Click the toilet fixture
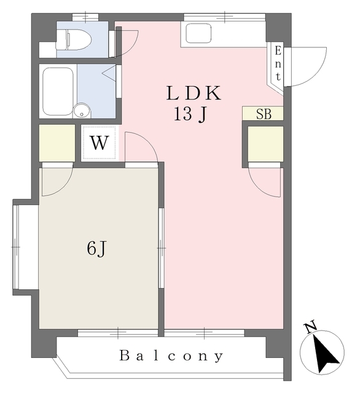pyautogui.click(x=74, y=39)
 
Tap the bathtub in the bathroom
pyautogui.click(x=58, y=91)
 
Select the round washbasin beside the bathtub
pyautogui.click(x=82, y=111)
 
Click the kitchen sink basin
pyautogui.click(x=198, y=33)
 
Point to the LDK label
pyautogui.click(x=194, y=93)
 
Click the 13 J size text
pyautogui.click(x=190, y=114)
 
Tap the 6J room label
pyautogui.click(x=97, y=249)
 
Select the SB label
pyautogui.click(x=264, y=114)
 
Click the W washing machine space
pyautogui.click(x=100, y=143)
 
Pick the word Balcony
pyautogui.click(x=171, y=356)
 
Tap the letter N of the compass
pyautogui.click(x=310, y=327)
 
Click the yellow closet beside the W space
pyautogui.click(x=57, y=143)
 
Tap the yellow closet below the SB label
pyautogui.click(x=265, y=144)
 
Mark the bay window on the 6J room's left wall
pyautogui.click(x=16, y=247)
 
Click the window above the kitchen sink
pyautogui.click(x=225, y=17)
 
